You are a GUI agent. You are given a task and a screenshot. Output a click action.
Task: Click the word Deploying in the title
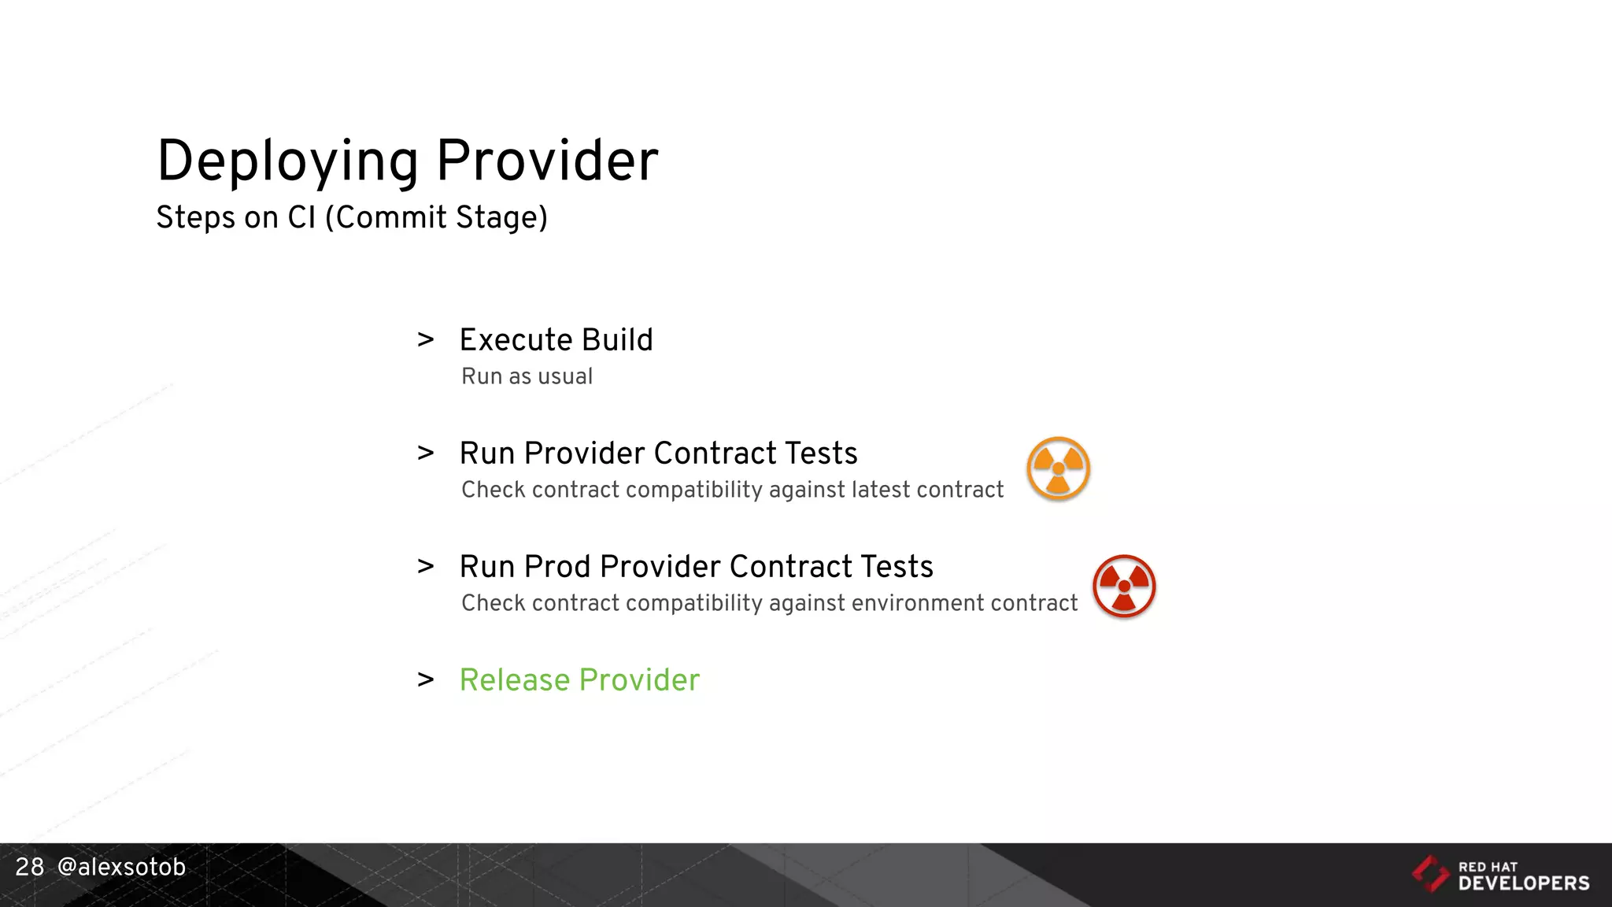click(287, 161)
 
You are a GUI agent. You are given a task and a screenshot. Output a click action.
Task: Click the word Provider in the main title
click(547, 161)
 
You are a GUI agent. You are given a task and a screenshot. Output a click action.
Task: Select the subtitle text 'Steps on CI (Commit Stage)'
click(351, 217)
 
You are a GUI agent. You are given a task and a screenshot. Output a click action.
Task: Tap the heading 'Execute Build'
click(556, 340)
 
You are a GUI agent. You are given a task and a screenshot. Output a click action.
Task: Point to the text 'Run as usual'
click(527, 376)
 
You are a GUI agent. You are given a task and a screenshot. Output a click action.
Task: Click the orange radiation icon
click(1058, 468)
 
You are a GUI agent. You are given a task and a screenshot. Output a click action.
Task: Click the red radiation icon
click(1124, 587)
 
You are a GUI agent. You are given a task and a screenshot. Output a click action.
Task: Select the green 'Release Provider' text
click(579, 680)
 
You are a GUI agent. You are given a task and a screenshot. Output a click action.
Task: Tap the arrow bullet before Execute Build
click(426, 340)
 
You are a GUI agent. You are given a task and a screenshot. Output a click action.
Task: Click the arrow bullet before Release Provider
click(426, 679)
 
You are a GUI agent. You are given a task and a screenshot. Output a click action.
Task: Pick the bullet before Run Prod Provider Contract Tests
click(426, 566)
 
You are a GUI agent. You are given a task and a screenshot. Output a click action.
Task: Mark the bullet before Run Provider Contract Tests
click(426, 453)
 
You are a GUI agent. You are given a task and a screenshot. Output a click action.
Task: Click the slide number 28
click(30, 867)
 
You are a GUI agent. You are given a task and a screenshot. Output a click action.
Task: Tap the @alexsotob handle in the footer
click(121, 867)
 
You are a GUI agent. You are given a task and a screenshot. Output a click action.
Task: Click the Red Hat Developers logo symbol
click(1430, 873)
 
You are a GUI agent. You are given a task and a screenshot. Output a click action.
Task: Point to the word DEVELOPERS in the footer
click(1524, 883)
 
